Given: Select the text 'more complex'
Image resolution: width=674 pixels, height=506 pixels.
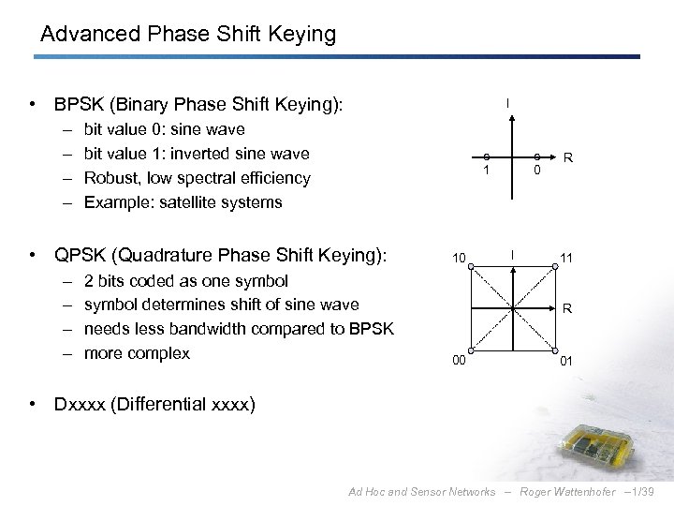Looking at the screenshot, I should point(137,353).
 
